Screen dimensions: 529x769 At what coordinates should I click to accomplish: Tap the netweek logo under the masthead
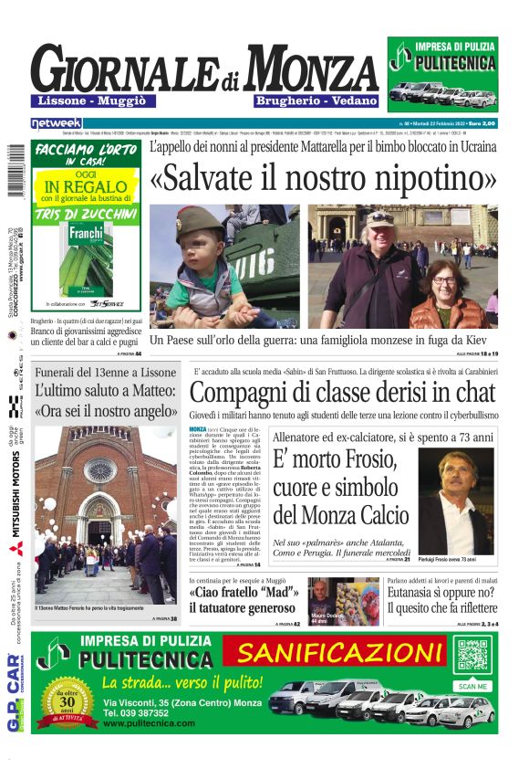pyautogui.click(x=57, y=122)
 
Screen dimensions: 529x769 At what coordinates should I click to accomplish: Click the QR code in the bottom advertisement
pyautogui.click(x=473, y=655)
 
